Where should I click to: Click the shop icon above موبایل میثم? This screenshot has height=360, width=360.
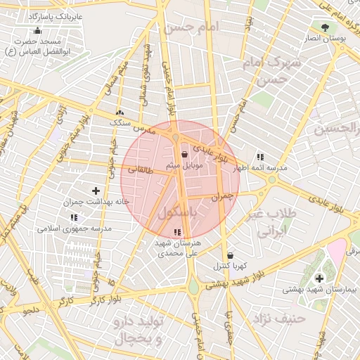185,154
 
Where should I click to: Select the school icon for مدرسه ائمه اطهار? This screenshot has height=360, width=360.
260,157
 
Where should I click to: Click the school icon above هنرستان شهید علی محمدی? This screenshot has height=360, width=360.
176,232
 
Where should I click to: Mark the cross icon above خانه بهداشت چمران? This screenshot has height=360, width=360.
96,191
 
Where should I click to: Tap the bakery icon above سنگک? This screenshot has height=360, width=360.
120,112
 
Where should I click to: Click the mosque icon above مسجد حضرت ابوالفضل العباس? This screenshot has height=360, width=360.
37,30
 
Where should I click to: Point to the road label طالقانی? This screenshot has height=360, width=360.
139,169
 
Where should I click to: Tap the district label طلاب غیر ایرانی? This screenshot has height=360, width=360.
271,222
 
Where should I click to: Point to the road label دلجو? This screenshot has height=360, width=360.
33,309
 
